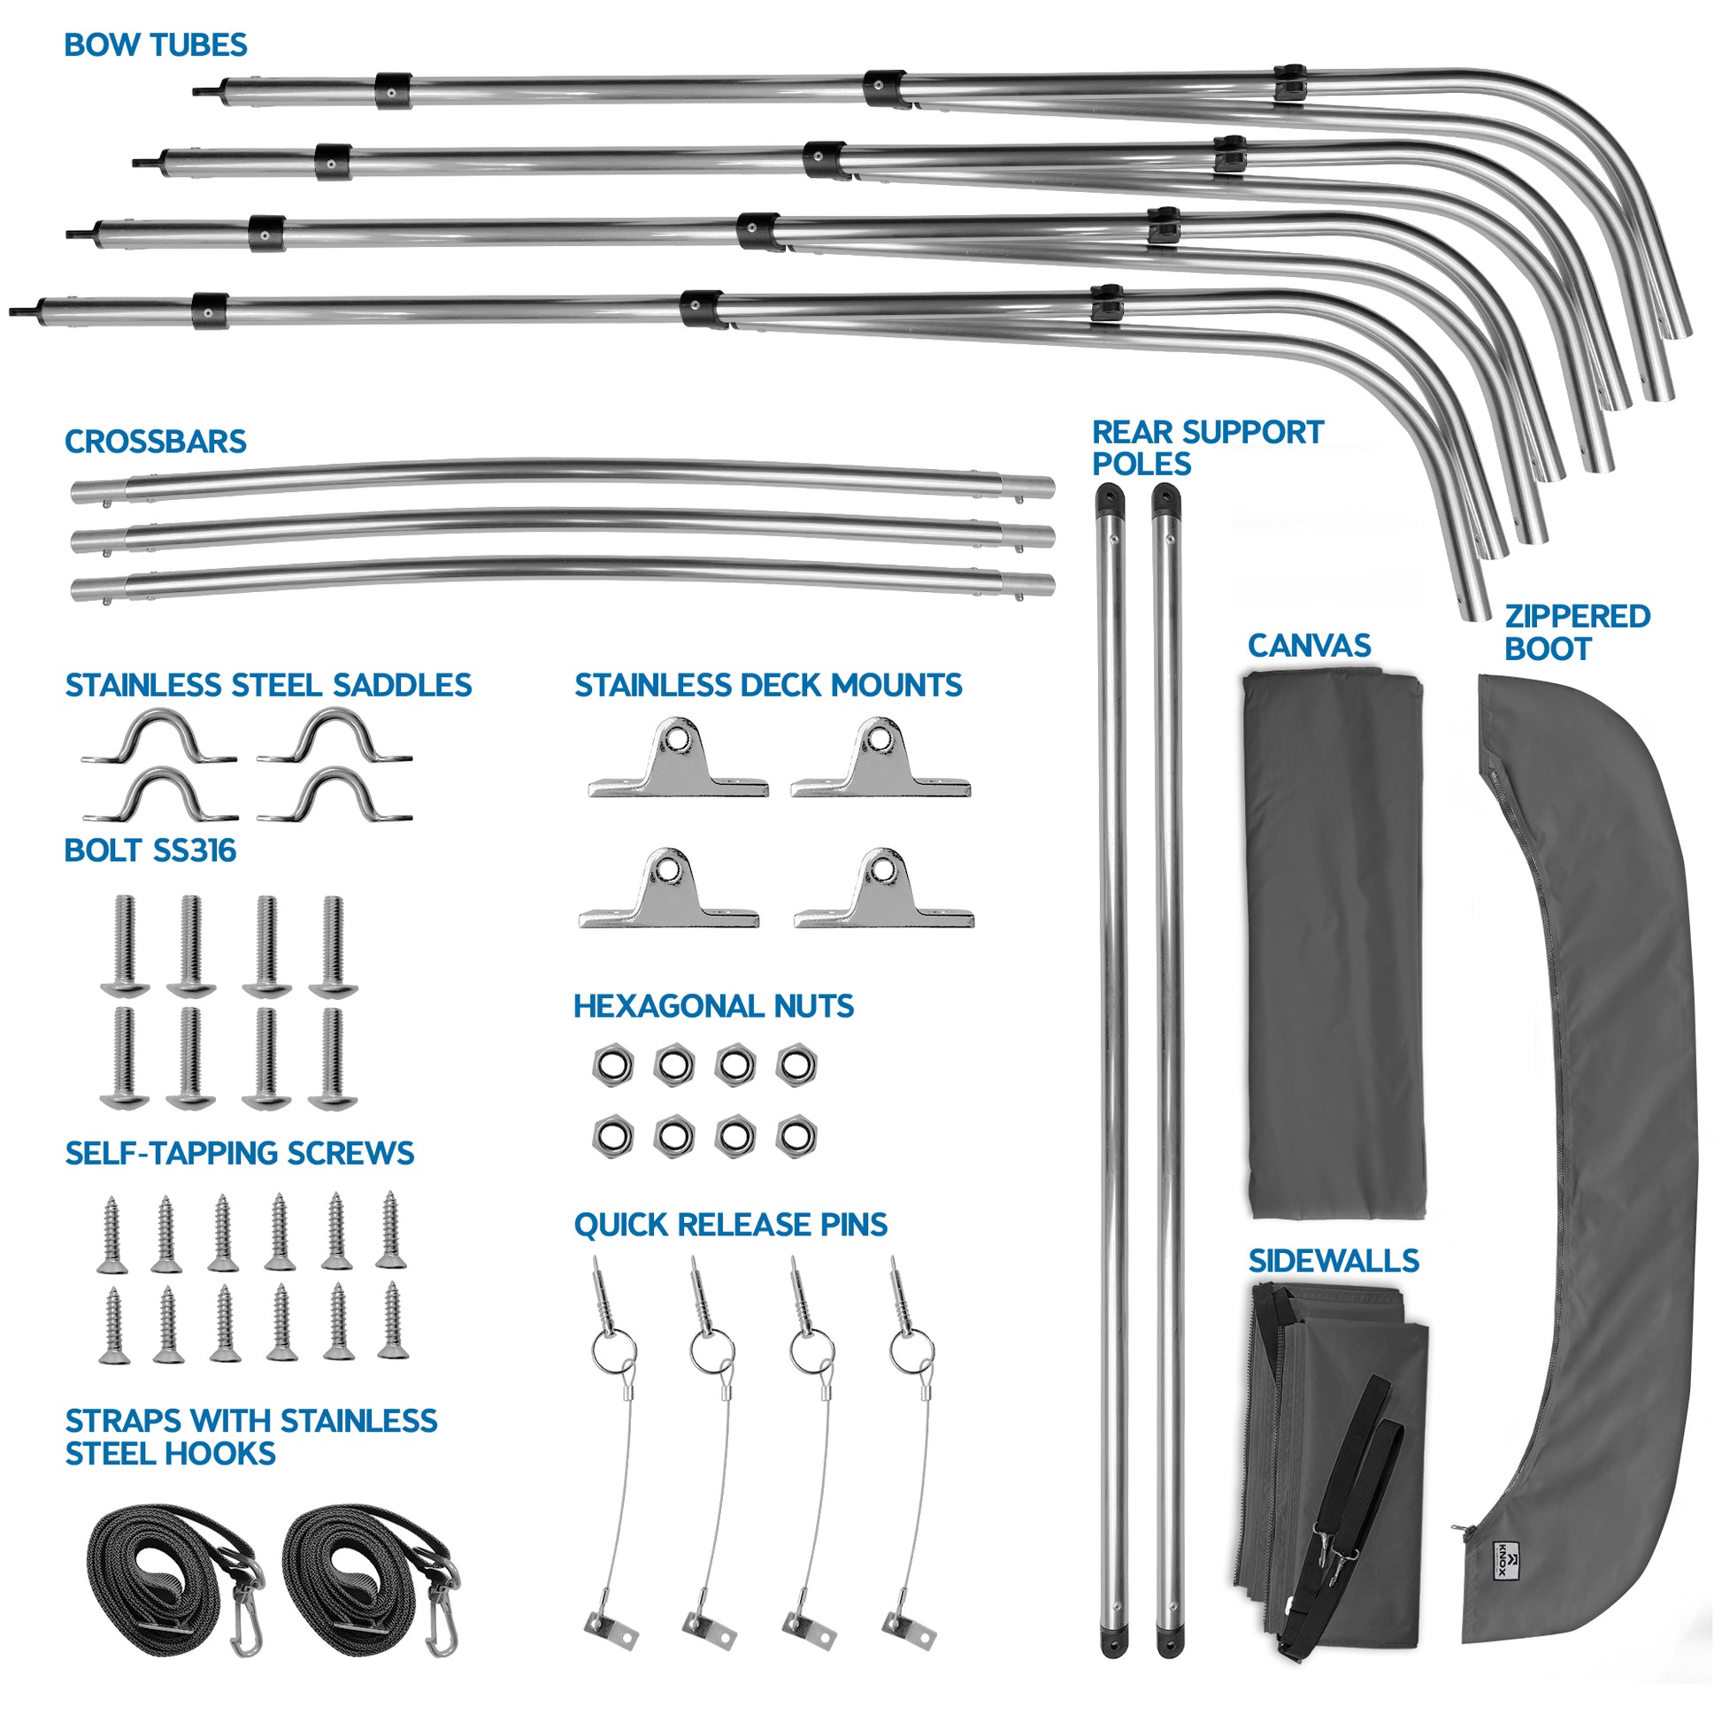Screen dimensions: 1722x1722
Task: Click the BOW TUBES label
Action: (x=155, y=44)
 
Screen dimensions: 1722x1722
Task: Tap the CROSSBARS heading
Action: (x=155, y=442)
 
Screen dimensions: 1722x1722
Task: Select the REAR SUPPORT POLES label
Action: (x=1207, y=448)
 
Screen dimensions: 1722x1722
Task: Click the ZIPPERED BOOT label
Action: (x=1576, y=632)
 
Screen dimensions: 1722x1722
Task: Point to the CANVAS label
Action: (x=1309, y=645)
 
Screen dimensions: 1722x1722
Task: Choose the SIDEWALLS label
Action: (x=1333, y=1260)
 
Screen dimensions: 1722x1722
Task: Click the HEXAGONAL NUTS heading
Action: (x=713, y=1006)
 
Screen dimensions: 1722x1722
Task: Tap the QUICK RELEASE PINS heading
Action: (x=730, y=1225)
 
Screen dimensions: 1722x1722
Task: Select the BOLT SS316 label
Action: (x=150, y=850)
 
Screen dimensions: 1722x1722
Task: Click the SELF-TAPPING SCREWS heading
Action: (x=239, y=1153)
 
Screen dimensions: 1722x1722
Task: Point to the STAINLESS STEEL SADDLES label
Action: (x=267, y=685)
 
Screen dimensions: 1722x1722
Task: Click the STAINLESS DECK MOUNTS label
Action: (x=767, y=685)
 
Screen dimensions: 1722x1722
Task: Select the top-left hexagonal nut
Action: (x=612, y=1065)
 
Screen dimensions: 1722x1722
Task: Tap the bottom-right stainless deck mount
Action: (x=883, y=890)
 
